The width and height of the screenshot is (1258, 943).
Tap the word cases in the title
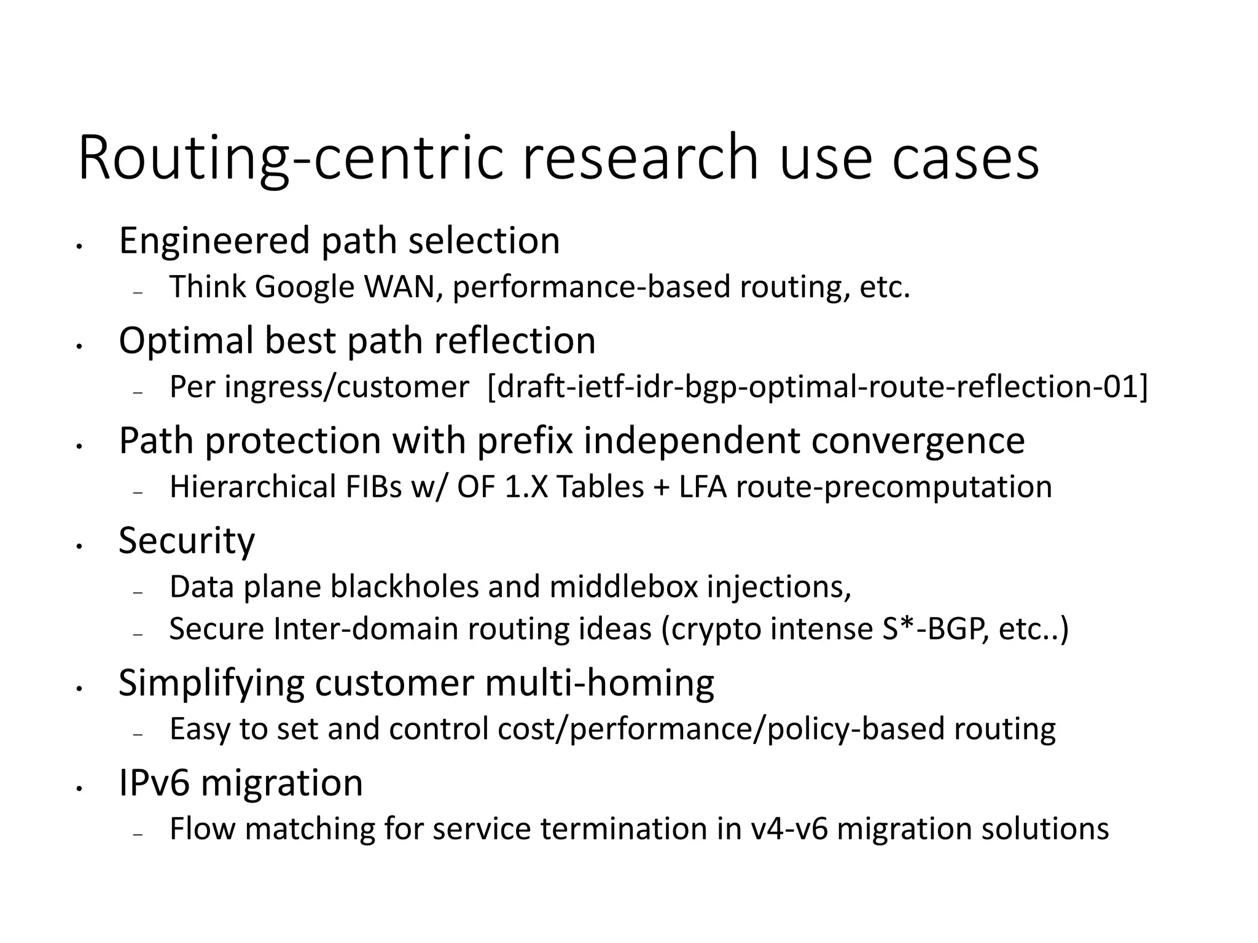(965, 158)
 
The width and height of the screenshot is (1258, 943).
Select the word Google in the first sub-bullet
(305, 287)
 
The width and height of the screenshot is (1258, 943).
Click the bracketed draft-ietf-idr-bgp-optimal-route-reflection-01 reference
(816, 387)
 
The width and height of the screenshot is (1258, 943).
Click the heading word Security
(186, 540)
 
